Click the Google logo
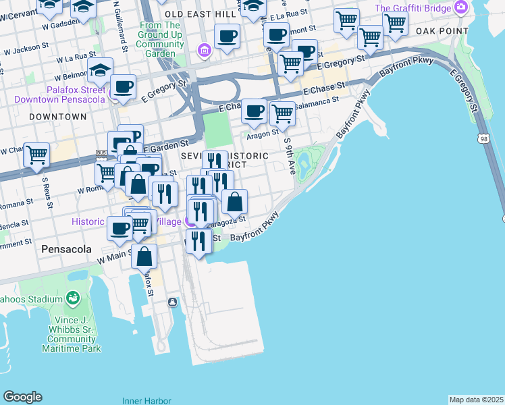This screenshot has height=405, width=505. pyautogui.click(x=22, y=397)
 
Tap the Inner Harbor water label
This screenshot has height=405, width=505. pyautogui.click(x=147, y=400)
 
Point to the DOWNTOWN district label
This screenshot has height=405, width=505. pyautogui.click(x=58, y=117)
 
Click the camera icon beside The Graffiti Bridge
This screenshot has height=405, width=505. pyautogui.click(x=461, y=7)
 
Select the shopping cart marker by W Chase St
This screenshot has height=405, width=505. pyautogui.click(x=36, y=155)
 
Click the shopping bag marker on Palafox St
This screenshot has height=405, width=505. pyautogui.click(x=144, y=256)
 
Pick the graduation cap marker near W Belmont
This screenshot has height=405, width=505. pyautogui.click(x=99, y=70)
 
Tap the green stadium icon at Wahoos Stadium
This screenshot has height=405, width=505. pyautogui.click(x=72, y=298)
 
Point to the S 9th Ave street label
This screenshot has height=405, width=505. pyautogui.click(x=290, y=157)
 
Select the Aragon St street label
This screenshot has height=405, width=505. pyautogui.click(x=264, y=134)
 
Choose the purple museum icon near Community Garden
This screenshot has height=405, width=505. pyautogui.click(x=203, y=51)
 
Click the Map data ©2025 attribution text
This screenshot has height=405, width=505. pyautogui.click(x=476, y=400)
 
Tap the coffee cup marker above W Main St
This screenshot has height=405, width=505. pyautogui.click(x=120, y=228)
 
